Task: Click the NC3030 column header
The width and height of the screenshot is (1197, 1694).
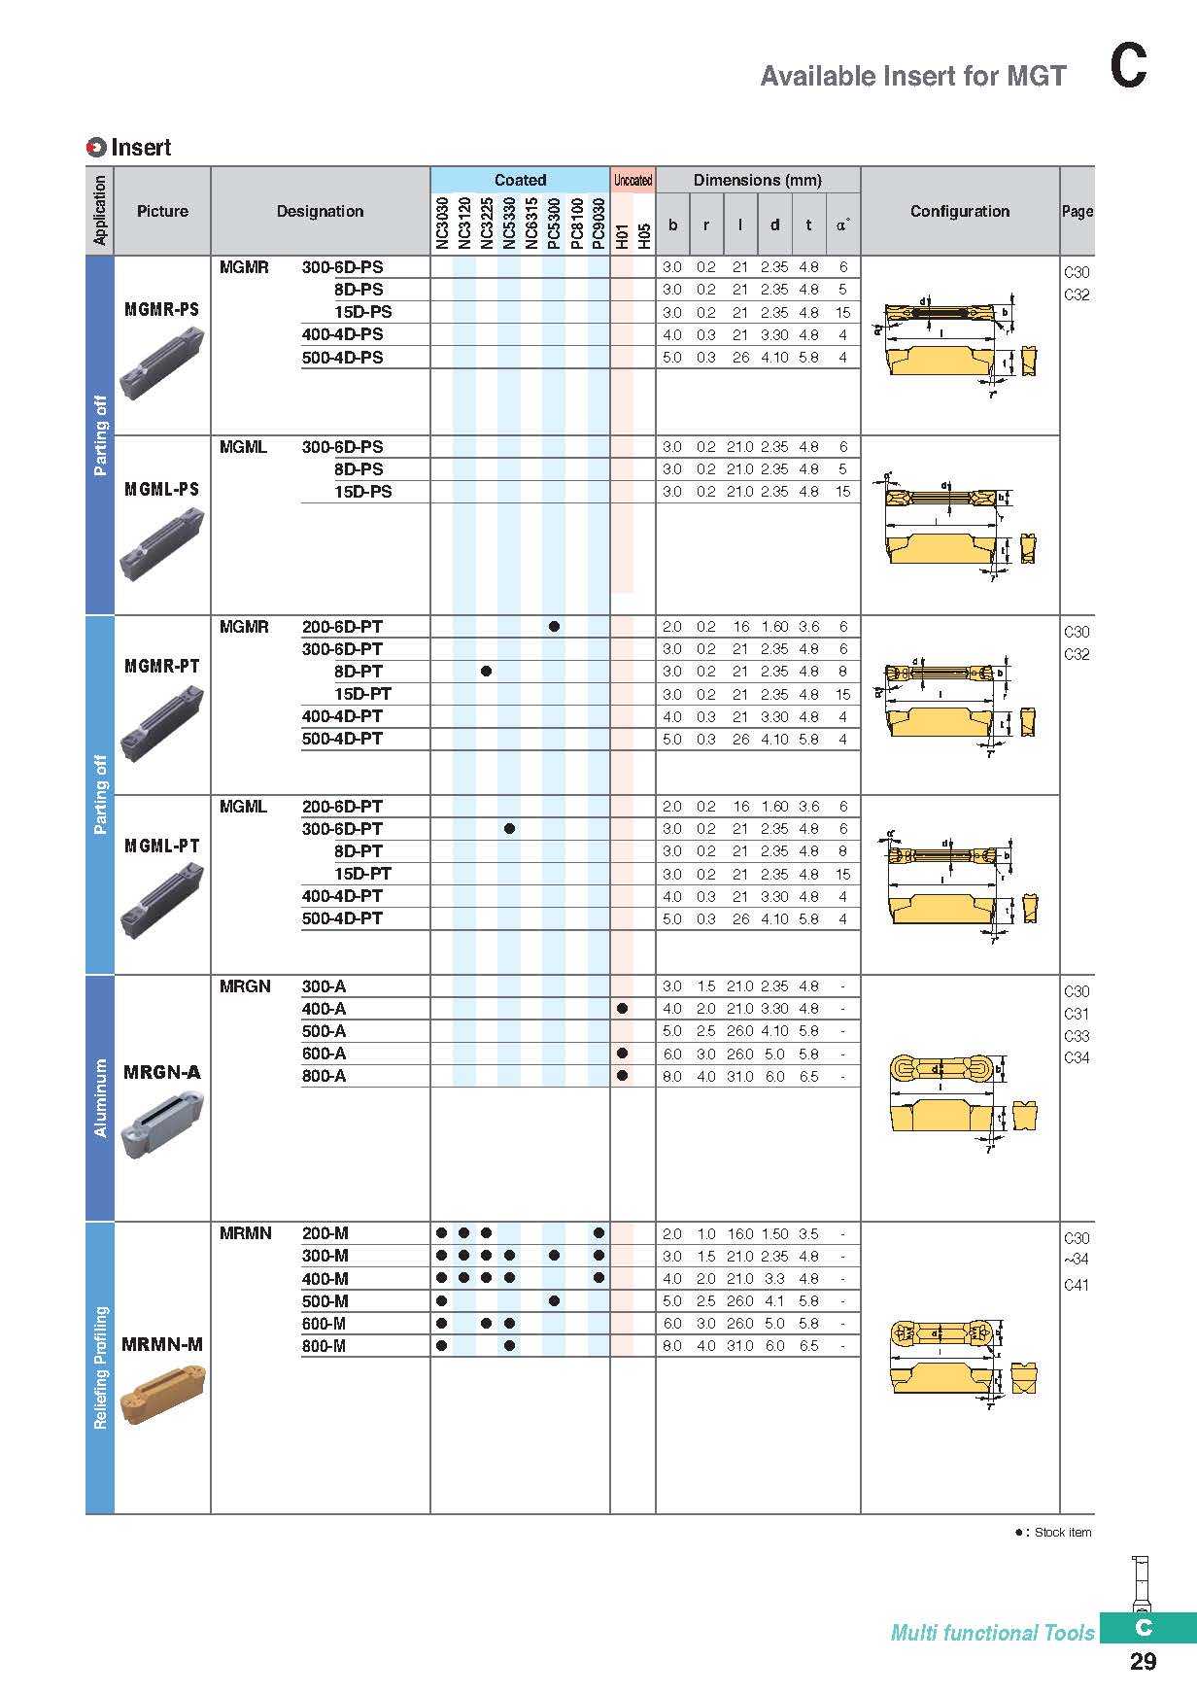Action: (x=441, y=224)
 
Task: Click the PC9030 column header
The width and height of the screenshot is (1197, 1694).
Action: (x=598, y=224)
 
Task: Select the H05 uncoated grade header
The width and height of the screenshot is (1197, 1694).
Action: (x=644, y=236)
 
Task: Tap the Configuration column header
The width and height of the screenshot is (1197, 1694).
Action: (x=959, y=211)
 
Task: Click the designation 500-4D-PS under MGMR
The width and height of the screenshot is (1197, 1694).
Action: (x=342, y=358)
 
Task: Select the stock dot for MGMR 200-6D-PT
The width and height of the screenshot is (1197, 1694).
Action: (x=554, y=627)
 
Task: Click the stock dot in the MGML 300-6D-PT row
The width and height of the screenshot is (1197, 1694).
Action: (x=509, y=829)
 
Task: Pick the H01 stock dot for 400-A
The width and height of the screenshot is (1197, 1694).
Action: (x=622, y=1009)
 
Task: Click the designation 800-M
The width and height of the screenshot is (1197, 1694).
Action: (x=324, y=1346)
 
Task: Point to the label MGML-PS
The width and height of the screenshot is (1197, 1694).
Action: (x=161, y=489)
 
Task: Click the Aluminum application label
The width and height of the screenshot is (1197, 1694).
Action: (x=100, y=1098)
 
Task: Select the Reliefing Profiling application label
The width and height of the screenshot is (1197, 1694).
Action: (x=100, y=1367)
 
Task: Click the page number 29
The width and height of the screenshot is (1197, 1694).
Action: (x=1143, y=1661)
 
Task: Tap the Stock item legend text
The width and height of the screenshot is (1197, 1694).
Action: (x=1062, y=1533)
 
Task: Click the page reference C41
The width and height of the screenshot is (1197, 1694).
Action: (x=1077, y=1285)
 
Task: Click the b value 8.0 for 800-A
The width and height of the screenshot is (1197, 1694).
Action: (x=672, y=1077)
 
